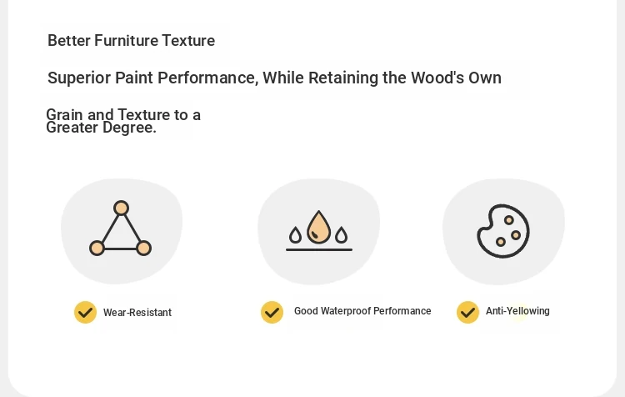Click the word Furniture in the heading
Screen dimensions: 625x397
point(126,41)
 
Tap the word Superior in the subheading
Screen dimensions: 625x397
point(79,78)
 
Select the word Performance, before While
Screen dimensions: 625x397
point(208,78)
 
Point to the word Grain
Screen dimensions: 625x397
point(65,114)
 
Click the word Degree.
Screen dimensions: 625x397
point(129,128)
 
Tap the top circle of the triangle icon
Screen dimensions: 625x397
point(121,208)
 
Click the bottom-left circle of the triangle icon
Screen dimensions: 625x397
point(97,248)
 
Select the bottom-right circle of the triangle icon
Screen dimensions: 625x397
point(144,248)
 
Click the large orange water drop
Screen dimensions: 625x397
point(318,228)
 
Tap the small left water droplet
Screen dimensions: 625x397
point(295,235)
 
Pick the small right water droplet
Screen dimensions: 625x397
point(341,235)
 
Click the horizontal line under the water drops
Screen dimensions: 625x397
point(319,249)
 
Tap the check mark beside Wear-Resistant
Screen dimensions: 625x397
point(85,313)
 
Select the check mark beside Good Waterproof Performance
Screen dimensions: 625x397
point(272,313)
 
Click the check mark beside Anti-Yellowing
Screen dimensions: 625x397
point(468,313)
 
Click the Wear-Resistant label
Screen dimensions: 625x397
point(137,313)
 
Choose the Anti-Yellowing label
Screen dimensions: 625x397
point(517,311)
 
